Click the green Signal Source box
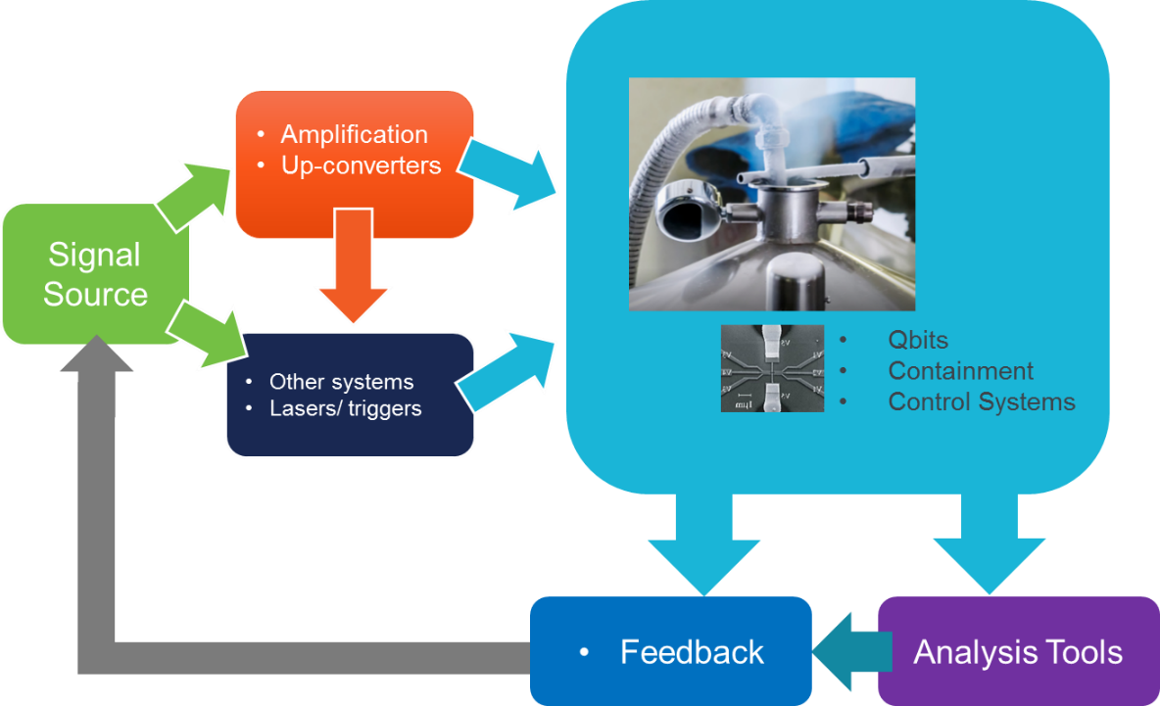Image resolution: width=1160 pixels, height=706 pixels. pyautogui.click(x=95, y=274)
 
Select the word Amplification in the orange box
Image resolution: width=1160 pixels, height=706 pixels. pyautogui.click(x=354, y=134)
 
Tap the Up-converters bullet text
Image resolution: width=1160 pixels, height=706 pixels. pyautogui.click(x=361, y=165)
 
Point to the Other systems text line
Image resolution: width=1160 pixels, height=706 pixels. pyautogui.click(x=341, y=382)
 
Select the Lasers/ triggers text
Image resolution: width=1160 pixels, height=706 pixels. pyautogui.click(x=345, y=408)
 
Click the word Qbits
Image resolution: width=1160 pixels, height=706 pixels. pyautogui.click(x=918, y=341)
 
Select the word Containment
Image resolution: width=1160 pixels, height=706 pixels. pyautogui.click(x=960, y=371)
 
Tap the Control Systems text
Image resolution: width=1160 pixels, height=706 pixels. pyautogui.click(x=981, y=401)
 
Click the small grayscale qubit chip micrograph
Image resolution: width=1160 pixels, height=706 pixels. pyautogui.click(x=772, y=368)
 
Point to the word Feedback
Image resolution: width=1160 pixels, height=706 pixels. pyautogui.click(x=692, y=652)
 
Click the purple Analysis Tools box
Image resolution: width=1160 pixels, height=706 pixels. pyautogui.click(x=1018, y=651)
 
